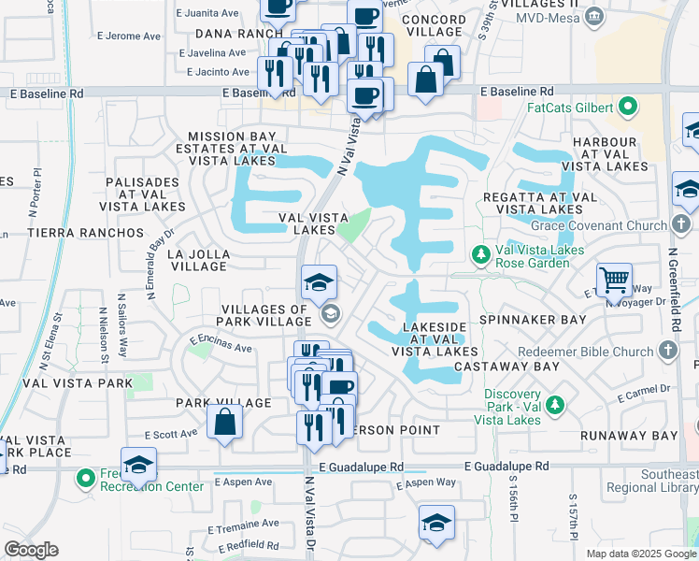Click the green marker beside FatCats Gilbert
pyautogui.click(x=629, y=107)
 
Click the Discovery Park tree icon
pyautogui.click(x=555, y=404)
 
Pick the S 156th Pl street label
pyautogui.click(x=513, y=501)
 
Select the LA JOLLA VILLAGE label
pyautogui.click(x=196, y=260)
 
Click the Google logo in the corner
pyautogui.click(x=31, y=549)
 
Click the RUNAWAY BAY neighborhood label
pyautogui.click(x=628, y=437)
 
